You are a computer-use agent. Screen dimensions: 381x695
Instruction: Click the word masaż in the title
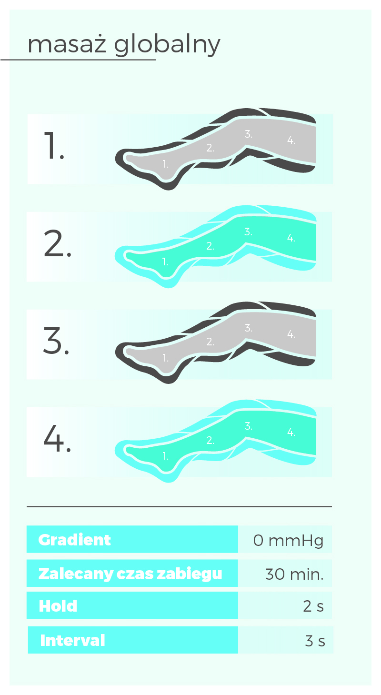(x=67, y=44)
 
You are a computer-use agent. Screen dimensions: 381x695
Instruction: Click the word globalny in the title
(x=167, y=46)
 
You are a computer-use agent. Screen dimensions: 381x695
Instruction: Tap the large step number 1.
(x=54, y=145)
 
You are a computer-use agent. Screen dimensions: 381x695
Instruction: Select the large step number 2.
(x=58, y=243)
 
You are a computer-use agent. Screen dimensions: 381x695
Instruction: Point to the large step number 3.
(x=56, y=341)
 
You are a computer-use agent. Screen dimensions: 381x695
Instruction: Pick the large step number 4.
(x=58, y=438)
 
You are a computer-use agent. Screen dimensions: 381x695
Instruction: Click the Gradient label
(x=74, y=540)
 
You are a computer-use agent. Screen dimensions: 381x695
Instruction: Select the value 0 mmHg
(x=288, y=541)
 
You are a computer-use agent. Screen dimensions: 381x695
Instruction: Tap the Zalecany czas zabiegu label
(x=130, y=574)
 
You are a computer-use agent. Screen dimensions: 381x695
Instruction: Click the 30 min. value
(x=294, y=574)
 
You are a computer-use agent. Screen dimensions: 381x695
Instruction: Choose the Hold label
(x=58, y=606)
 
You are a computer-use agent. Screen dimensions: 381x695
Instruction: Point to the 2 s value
(x=313, y=606)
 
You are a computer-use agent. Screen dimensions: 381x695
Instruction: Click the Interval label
(x=72, y=641)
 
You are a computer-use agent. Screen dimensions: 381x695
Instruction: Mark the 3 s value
(x=315, y=641)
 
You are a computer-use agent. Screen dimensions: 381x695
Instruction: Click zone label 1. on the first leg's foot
(x=166, y=164)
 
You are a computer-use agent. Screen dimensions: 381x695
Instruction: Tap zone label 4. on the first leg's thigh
(x=291, y=140)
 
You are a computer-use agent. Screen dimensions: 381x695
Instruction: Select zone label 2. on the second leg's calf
(x=210, y=246)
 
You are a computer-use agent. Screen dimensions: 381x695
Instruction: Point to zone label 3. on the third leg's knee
(x=248, y=328)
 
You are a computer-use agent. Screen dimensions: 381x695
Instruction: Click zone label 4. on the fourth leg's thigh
(x=291, y=432)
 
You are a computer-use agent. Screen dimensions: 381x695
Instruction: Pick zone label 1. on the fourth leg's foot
(x=166, y=456)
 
